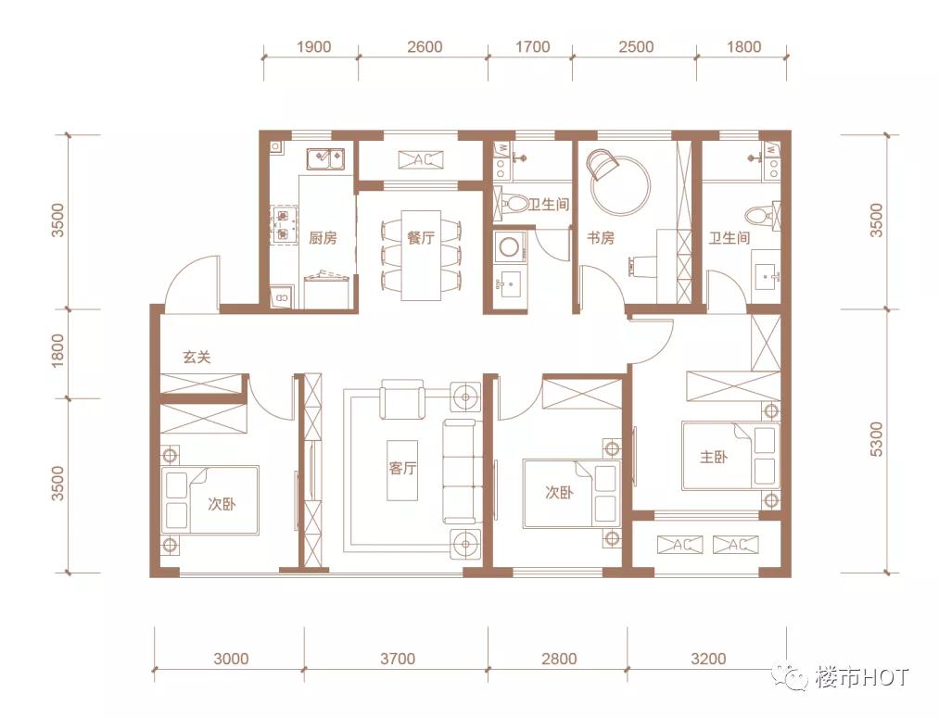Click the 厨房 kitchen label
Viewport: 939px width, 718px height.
[323, 238]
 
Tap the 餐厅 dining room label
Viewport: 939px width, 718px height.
[421, 237]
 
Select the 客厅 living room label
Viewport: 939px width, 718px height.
[402, 468]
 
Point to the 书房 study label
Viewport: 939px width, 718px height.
[601, 238]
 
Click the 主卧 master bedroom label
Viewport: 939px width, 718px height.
[714, 457]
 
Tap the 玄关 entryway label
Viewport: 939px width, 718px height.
[197, 358]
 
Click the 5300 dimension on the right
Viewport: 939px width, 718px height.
[876, 439]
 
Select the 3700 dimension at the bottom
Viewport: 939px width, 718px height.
[398, 659]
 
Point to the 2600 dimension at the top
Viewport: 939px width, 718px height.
[425, 46]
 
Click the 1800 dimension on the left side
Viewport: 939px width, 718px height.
[57, 350]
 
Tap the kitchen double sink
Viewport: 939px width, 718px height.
[325, 159]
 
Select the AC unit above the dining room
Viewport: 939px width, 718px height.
[422, 159]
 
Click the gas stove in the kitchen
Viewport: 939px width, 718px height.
[286, 224]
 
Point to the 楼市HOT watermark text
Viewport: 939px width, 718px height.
[862, 677]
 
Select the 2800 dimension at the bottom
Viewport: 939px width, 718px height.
[559, 659]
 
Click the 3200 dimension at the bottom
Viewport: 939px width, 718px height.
[708, 659]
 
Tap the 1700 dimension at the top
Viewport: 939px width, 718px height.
[532, 46]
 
